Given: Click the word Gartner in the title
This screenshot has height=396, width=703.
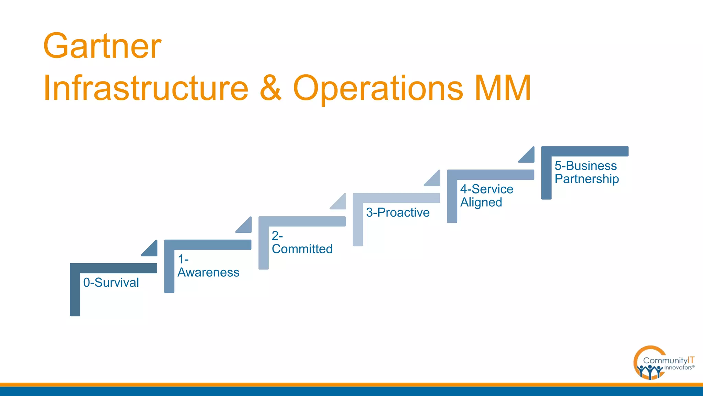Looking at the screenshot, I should click(x=102, y=46).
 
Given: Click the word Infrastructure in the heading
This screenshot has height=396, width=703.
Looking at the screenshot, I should click(x=146, y=88).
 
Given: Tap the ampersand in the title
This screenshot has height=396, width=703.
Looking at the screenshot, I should click(x=270, y=88).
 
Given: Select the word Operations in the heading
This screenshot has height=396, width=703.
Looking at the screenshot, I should click(x=378, y=88).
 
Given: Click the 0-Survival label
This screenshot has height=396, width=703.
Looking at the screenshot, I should click(x=111, y=283).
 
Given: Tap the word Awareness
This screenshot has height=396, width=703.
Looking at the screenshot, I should click(x=208, y=272).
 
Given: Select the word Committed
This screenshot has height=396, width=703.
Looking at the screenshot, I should click(x=302, y=249).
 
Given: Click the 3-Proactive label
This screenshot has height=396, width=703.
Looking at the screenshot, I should click(x=397, y=212).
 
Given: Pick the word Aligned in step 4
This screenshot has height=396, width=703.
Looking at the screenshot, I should click(x=481, y=202).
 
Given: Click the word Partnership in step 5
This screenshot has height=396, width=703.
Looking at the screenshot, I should click(x=587, y=179).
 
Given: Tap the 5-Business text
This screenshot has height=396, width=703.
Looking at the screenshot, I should click(x=586, y=166).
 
